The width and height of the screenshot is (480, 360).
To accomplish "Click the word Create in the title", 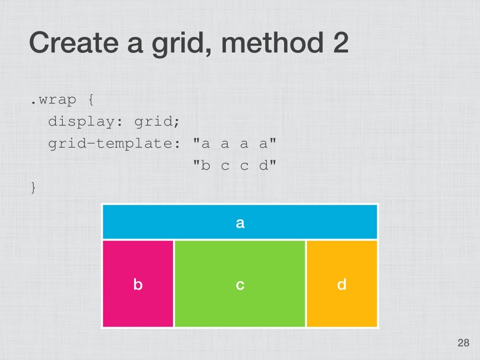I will (74, 43).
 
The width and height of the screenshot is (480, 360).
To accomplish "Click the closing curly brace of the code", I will (33, 187).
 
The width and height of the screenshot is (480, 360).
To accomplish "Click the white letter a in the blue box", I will (240, 223).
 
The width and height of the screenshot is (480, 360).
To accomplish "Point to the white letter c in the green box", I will (240, 285).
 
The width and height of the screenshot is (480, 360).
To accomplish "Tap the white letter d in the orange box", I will (342, 284).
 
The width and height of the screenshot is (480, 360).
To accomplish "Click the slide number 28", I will (463, 344).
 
